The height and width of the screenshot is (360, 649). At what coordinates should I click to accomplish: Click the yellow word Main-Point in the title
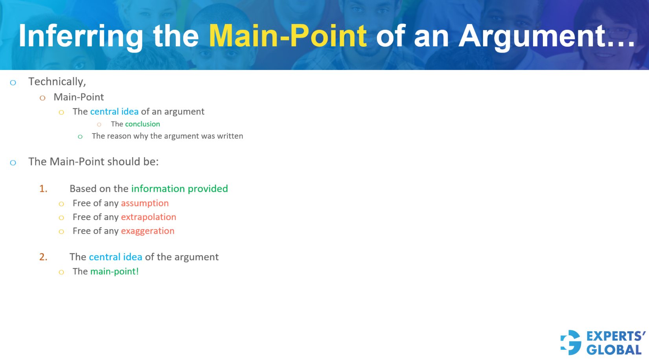(287, 36)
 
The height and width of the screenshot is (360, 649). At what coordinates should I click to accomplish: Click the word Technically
(57, 82)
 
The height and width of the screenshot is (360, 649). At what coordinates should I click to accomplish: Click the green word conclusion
(142, 124)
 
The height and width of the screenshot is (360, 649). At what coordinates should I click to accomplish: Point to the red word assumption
(145, 203)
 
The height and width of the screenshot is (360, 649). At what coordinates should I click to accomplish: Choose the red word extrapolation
(148, 217)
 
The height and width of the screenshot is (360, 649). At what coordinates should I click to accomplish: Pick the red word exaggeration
(147, 231)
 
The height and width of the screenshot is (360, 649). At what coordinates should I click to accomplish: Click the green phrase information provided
(179, 189)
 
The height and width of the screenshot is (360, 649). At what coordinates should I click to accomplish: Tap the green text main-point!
(114, 272)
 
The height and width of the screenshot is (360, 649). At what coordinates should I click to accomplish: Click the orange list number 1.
(43, 189)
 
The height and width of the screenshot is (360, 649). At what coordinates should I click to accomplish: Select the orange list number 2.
(43, 257)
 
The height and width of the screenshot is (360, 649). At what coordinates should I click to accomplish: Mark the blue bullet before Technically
(13, 83)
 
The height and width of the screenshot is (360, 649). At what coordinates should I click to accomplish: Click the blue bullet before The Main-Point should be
(13, 163)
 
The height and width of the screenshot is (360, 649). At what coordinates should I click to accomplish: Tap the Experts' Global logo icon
(571, 342)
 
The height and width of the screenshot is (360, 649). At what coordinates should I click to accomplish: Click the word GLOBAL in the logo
(614, 350)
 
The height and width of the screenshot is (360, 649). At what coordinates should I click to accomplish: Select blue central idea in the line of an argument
(114, 112)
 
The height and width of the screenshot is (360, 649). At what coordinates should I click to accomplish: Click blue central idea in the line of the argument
(115, 257)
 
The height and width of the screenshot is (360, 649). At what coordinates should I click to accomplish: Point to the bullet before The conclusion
(99, 125)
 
